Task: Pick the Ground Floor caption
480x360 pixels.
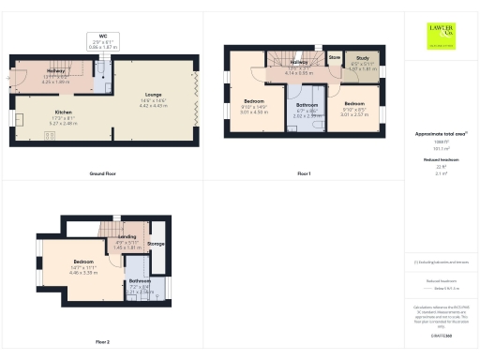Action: tap(103, 174)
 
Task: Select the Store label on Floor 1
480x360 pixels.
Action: tap(335, 57)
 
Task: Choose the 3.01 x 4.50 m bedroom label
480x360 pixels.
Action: tap(256, 104)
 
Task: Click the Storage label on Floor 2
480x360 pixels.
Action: tap(156, 245)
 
